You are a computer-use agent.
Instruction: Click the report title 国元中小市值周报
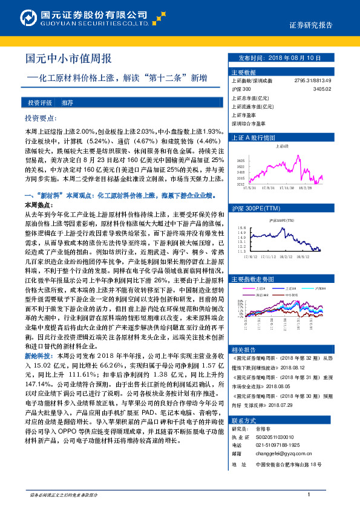(x=68, y=59)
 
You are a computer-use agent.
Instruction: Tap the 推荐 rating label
(x=68, y=103)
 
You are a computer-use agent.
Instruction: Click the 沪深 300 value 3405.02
(x=323, y=89)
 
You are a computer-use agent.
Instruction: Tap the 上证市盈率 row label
(x=243, y=114)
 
